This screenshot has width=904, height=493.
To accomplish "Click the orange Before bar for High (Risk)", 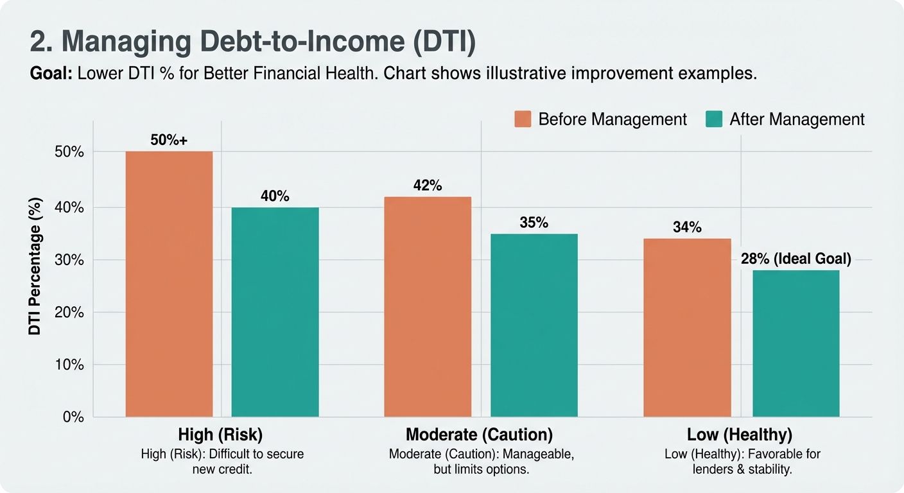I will point(169,284).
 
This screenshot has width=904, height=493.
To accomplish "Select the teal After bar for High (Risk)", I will point(275,312).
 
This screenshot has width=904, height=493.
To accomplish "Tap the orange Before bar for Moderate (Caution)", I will point(428,307).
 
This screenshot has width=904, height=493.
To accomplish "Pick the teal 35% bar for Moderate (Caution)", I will point(534,325).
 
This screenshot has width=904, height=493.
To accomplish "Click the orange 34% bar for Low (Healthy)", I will point(687,328).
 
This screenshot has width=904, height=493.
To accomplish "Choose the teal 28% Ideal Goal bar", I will point(795,343).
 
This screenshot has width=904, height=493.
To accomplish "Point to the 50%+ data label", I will point(169,140).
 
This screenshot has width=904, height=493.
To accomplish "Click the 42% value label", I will point(428,186).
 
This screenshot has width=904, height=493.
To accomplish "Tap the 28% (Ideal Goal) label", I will point(796,259).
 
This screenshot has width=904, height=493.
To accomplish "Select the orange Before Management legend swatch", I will point(523,119).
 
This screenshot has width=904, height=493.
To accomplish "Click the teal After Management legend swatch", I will point(713,119).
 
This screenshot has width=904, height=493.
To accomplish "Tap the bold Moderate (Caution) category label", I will point(479,435).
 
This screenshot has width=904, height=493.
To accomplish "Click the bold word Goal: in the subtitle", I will point(51,73).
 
